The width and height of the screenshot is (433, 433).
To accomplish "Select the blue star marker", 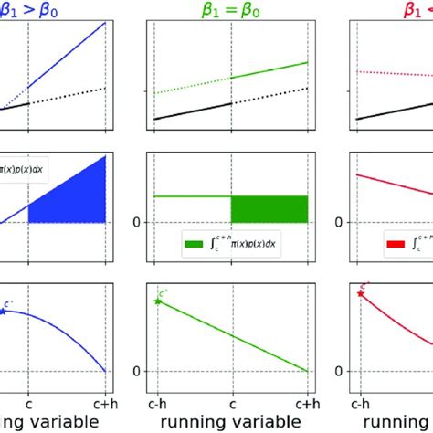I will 3,311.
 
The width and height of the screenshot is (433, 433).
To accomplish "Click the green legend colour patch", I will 194,245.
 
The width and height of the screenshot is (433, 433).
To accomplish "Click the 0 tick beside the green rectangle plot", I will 138,222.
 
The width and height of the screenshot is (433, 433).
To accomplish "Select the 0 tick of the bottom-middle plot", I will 138,371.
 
